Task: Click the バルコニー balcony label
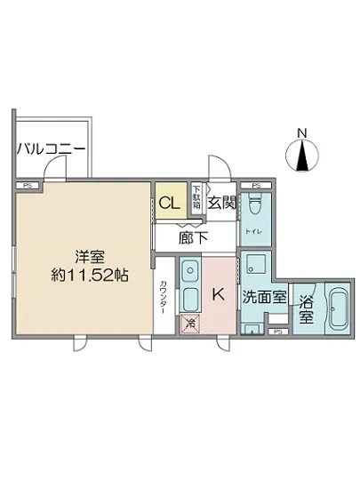click(x=50, y=148)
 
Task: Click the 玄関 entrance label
click(x=221, y=203)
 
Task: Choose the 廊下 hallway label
click(x=193, y=237)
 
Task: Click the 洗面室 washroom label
click(x=265, y=298)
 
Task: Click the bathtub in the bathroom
click(x=338, y=308)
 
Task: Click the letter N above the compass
click(x=301, y=133)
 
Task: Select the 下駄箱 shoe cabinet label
click(x=197, y=196)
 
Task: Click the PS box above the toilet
click(x=255, y=185)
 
